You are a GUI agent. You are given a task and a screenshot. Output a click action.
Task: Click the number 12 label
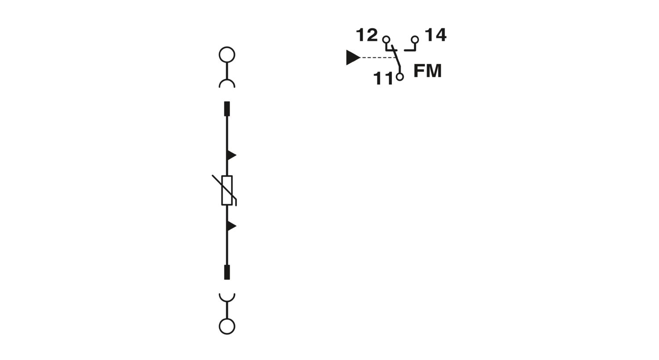pos(367,35)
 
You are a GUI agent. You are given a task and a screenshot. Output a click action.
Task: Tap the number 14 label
pos(436,35)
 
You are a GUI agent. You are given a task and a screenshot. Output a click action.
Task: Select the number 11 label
pos(383,79)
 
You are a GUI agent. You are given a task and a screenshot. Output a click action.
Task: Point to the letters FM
pos(428,71)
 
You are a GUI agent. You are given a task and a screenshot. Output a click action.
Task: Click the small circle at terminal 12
pos(386,40)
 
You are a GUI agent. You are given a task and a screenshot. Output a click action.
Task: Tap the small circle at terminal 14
pos(415,40)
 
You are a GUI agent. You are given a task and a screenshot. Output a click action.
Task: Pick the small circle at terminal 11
pos(399,77)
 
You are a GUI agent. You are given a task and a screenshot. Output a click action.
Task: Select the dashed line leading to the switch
pos(379,58)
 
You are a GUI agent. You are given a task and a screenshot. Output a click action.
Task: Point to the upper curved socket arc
pos(227,79)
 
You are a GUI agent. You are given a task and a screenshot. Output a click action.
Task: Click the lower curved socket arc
pos(227,301)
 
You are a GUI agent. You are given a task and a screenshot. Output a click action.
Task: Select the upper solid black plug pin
pos(227,109)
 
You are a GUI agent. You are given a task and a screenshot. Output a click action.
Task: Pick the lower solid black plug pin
pos(227,272)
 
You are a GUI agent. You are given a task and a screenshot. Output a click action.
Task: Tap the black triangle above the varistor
pos(231,155)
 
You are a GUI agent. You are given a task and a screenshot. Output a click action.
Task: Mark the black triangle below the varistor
pos(231,226)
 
